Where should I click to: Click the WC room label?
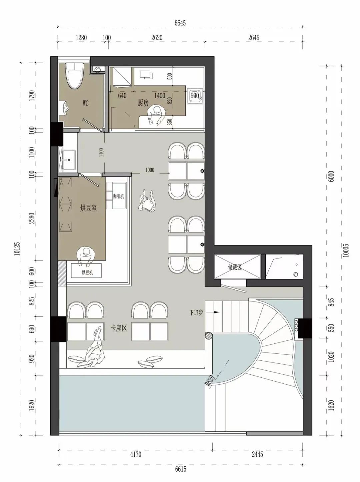click(86, 103)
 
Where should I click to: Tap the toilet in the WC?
click(75, 76)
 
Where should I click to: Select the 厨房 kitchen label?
click(143, 103)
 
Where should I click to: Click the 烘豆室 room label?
click(89, 208)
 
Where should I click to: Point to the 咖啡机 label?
click(118, 196)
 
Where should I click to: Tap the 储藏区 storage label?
click(235, 267)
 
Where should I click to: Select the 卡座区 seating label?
click(119, 328)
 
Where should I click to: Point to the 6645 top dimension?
click(180, 23)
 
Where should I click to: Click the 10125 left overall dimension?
click(18, 248)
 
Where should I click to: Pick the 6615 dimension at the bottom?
click(181, 468)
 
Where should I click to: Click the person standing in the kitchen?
click(156, 115)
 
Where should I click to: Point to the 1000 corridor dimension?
click(150, 170)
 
